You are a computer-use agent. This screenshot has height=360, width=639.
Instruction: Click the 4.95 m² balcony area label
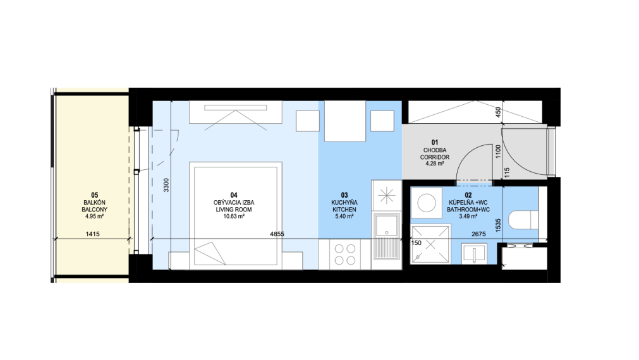click(x=95, y=217)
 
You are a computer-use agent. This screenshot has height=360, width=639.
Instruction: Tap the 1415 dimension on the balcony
click(x=92, y=234)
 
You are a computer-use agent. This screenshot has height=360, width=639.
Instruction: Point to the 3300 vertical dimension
click(x=166, y=185)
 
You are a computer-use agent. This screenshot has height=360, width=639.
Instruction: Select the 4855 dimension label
click(x=277, y=234)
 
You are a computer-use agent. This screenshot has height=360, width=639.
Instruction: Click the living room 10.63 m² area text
click(x=234, y=217)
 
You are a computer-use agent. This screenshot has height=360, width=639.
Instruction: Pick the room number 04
click(x=234, y=196)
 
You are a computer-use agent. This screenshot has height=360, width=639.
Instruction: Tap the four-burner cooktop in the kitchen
click(x=344, y=254)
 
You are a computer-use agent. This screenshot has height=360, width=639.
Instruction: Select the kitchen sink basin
click(x=386, y=226)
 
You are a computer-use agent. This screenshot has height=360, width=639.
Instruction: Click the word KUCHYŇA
click(x=344, y=202)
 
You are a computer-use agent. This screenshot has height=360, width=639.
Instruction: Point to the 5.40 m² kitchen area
click(x=344, y=217)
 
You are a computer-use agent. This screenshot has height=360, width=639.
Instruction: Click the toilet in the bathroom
click(x=523, y=220)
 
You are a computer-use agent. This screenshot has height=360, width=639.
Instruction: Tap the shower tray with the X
click(x=431, y=244)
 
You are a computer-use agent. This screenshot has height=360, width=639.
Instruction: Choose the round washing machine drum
click(x=427, y=203)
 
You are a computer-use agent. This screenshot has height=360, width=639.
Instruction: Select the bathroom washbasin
click(x=474, y=254)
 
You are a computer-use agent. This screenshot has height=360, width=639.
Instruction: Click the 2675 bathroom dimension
click(x=478, y=234)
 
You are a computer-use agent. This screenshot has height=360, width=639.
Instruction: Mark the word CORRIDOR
click(x=435, y=157)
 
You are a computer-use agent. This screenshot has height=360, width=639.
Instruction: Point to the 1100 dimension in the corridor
click(x=497, y=152)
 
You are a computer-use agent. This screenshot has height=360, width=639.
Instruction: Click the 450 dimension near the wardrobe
click(x=497, y=112)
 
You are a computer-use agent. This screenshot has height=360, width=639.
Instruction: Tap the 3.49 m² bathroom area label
click(x=468, y=217)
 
